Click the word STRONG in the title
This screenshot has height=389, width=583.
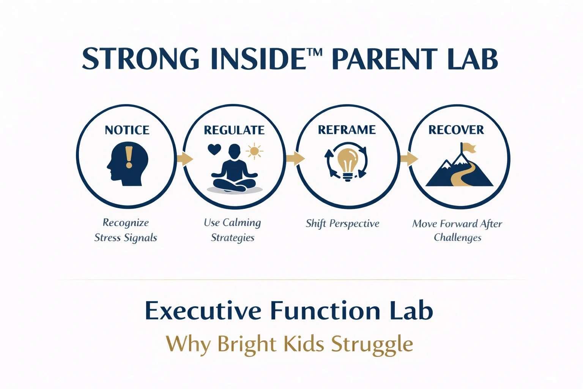pyautogui.click(x=140, y=59)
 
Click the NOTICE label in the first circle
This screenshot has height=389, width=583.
pyautogui.click(x=127, y=130)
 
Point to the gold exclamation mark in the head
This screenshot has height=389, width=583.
pyautogui.click(x=129, y=157)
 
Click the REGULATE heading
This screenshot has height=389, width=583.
pyautogui.click(x=234, y=130)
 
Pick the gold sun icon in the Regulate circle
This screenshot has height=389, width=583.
pyautogui.click(x=254, y=151)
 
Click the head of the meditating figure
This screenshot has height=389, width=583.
pyautogui.click(x=234, y=152)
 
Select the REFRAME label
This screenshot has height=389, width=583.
pyautogui.click(x=347, y=130)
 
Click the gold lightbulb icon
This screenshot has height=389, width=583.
pyautogui.click(x=347, y=164)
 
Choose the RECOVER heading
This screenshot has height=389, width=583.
pyautogui.click(x=456, y=130)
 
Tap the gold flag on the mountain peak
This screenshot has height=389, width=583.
pyautogui.click(x=469, y=148)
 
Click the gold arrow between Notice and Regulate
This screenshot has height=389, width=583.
pyautogui.click(x=185, y=159)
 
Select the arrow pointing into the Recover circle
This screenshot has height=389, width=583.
pyautogui.click(x=409, y=159)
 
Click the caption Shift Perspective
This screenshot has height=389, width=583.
pyautogui.click(x=342, y=223)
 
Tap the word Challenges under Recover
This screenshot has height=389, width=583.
pyautogui.click(x=457, y=238)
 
